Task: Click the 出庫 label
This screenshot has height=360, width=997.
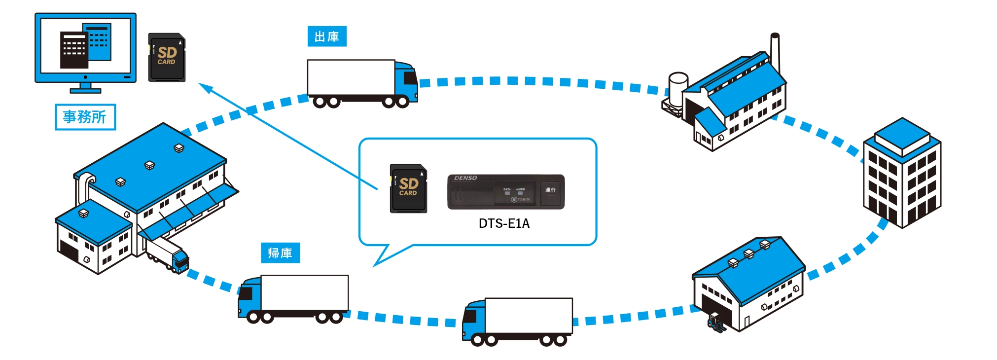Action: click(x=327, y=36)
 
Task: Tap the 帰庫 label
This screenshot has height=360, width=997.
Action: click(x=280, y=253)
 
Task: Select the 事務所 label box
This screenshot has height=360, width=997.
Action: click(x=85, y=117)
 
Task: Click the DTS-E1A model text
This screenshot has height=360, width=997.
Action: click(x=504, y=223)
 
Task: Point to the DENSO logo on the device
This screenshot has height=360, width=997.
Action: click(x=465, y=178)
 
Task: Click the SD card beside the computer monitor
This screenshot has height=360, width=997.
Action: click(x=167, y=57)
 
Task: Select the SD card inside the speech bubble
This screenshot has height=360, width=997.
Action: click(x=408, y=188)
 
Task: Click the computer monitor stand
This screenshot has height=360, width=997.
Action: click(x=85, y=88)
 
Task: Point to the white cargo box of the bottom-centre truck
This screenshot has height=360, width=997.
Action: click(x=529, y=316)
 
